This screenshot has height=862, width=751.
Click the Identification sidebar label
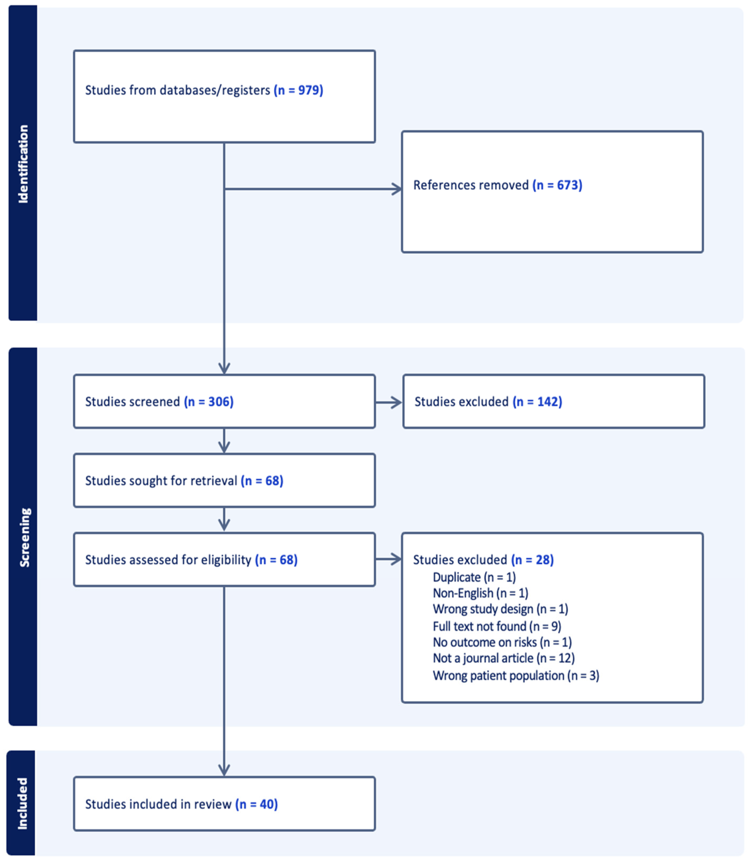[x=23, y=164]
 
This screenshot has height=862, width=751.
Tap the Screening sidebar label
[x=24, y=538]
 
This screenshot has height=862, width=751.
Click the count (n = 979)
[x=298, y=90]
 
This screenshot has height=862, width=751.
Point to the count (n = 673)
[x=557, y=185]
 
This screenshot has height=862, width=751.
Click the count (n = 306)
[x=209, y=402]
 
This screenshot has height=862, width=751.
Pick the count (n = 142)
[x=537, y=402]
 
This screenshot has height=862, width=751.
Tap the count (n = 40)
[x=257, y=804]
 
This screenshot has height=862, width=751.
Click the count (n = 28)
[x=532, y=560]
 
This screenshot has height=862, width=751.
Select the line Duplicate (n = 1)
[x=474, y=577]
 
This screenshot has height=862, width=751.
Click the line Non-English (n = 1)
[x=480, y=593]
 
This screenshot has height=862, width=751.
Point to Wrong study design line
[x=500, y=609]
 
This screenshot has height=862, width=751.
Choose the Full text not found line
[x=497, y=626]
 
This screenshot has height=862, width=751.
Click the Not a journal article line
[x=503, y=658]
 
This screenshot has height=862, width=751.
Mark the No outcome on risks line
[x=502, y=642]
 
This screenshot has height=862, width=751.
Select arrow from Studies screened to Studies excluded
[x=389, y=402]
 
